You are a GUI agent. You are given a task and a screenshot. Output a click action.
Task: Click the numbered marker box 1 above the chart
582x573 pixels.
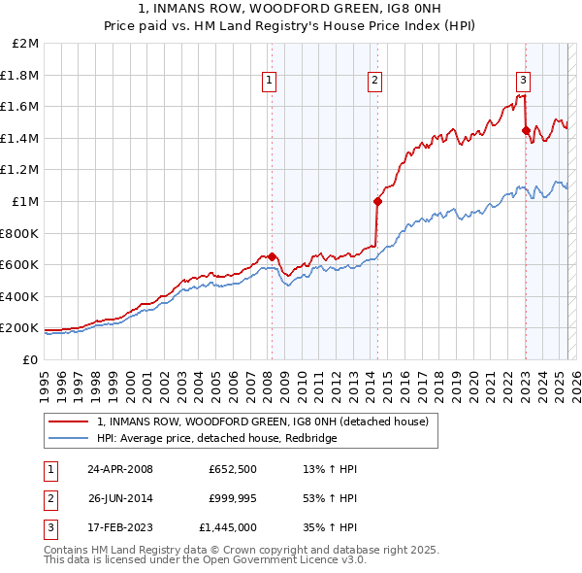pos(268,82)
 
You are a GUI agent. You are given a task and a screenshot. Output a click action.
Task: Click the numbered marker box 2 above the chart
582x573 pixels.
pos(374,82)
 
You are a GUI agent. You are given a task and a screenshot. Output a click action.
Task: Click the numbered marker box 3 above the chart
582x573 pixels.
pos(523,82)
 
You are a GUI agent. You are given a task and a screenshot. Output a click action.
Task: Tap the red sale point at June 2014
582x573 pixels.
pos(377,202)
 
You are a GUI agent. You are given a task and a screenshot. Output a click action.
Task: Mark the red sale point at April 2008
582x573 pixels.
pos(272,256)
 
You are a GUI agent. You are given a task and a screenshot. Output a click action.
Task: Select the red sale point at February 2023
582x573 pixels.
pos(526,131)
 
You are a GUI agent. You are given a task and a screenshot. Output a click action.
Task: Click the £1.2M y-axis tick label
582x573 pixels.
pos(21,170)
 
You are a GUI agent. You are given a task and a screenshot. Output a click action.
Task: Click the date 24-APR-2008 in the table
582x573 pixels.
pos(119,469)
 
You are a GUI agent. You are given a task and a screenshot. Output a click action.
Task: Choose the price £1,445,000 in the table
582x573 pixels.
pos(232,529)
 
